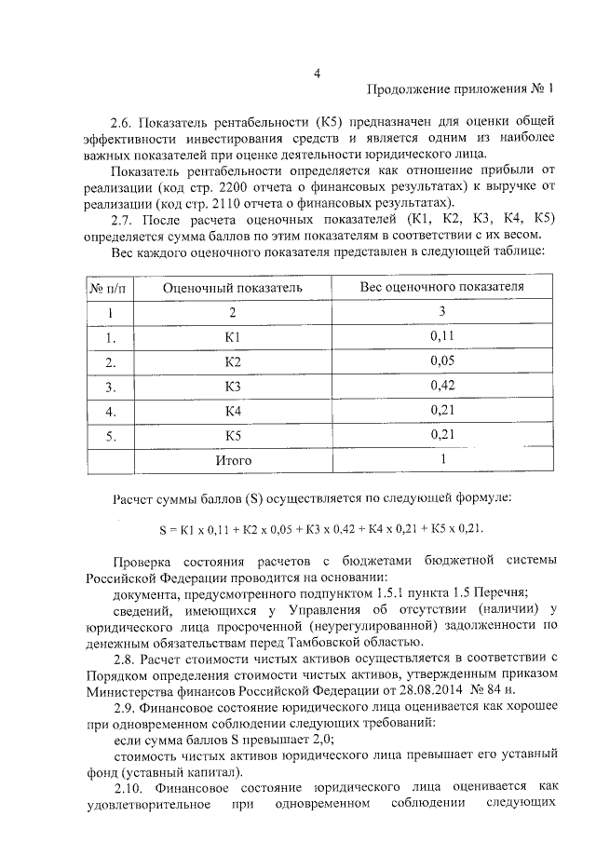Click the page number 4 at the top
tap(317, 73)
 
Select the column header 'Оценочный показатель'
tap(233, 288)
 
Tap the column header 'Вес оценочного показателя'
tap(441, 287)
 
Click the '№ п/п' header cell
tap(110, 288)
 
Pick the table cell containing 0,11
tap(442, 336)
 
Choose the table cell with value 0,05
tap(442, 360)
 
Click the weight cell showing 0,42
tap(442, 385)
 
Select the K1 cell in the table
tap(233, 337)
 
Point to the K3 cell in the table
tap(233, 386)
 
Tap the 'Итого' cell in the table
tap(233, 459)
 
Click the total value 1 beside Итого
tap(443, 458)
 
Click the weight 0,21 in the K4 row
tap(442, 410)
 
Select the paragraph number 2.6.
tap(122, 122)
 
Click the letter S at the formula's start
tap(162, 528)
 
